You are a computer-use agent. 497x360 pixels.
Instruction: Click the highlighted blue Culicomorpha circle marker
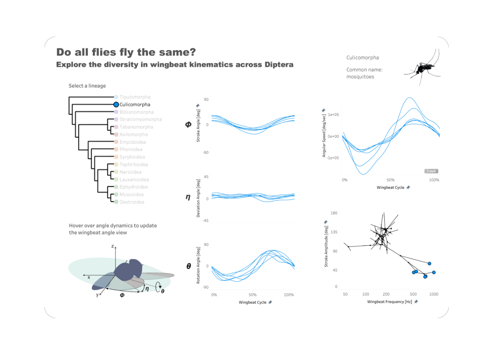point(116,105)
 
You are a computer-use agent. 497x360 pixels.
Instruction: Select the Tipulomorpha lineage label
point(135,97)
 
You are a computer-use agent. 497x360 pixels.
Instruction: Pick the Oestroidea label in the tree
point(132,202)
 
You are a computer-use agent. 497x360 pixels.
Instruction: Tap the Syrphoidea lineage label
point(132,157)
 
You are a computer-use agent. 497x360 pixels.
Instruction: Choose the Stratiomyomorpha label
point(140,120)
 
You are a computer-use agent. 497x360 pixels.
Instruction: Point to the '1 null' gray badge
point(431,171)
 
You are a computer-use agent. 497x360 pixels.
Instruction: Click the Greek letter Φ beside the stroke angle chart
point(188,124)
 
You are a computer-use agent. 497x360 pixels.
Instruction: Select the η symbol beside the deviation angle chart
point(188,197)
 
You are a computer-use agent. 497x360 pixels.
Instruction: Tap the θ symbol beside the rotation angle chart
point(189,266)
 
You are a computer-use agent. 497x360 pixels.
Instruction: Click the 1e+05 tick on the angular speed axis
point(333,115)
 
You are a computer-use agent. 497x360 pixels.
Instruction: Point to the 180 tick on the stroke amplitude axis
point(334,213)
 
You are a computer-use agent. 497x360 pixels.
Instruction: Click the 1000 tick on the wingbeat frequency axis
point(434,294)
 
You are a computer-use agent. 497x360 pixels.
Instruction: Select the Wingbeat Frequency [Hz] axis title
point(389,302)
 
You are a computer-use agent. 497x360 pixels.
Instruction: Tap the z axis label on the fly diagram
point(112,246)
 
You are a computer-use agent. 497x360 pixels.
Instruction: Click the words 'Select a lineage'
point(87,86)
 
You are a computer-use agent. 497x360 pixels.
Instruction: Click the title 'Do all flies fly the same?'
point(126,52)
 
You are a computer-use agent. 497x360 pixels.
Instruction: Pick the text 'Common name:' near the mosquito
point(364,70)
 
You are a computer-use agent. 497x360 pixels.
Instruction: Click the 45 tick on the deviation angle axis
point(206,177)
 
